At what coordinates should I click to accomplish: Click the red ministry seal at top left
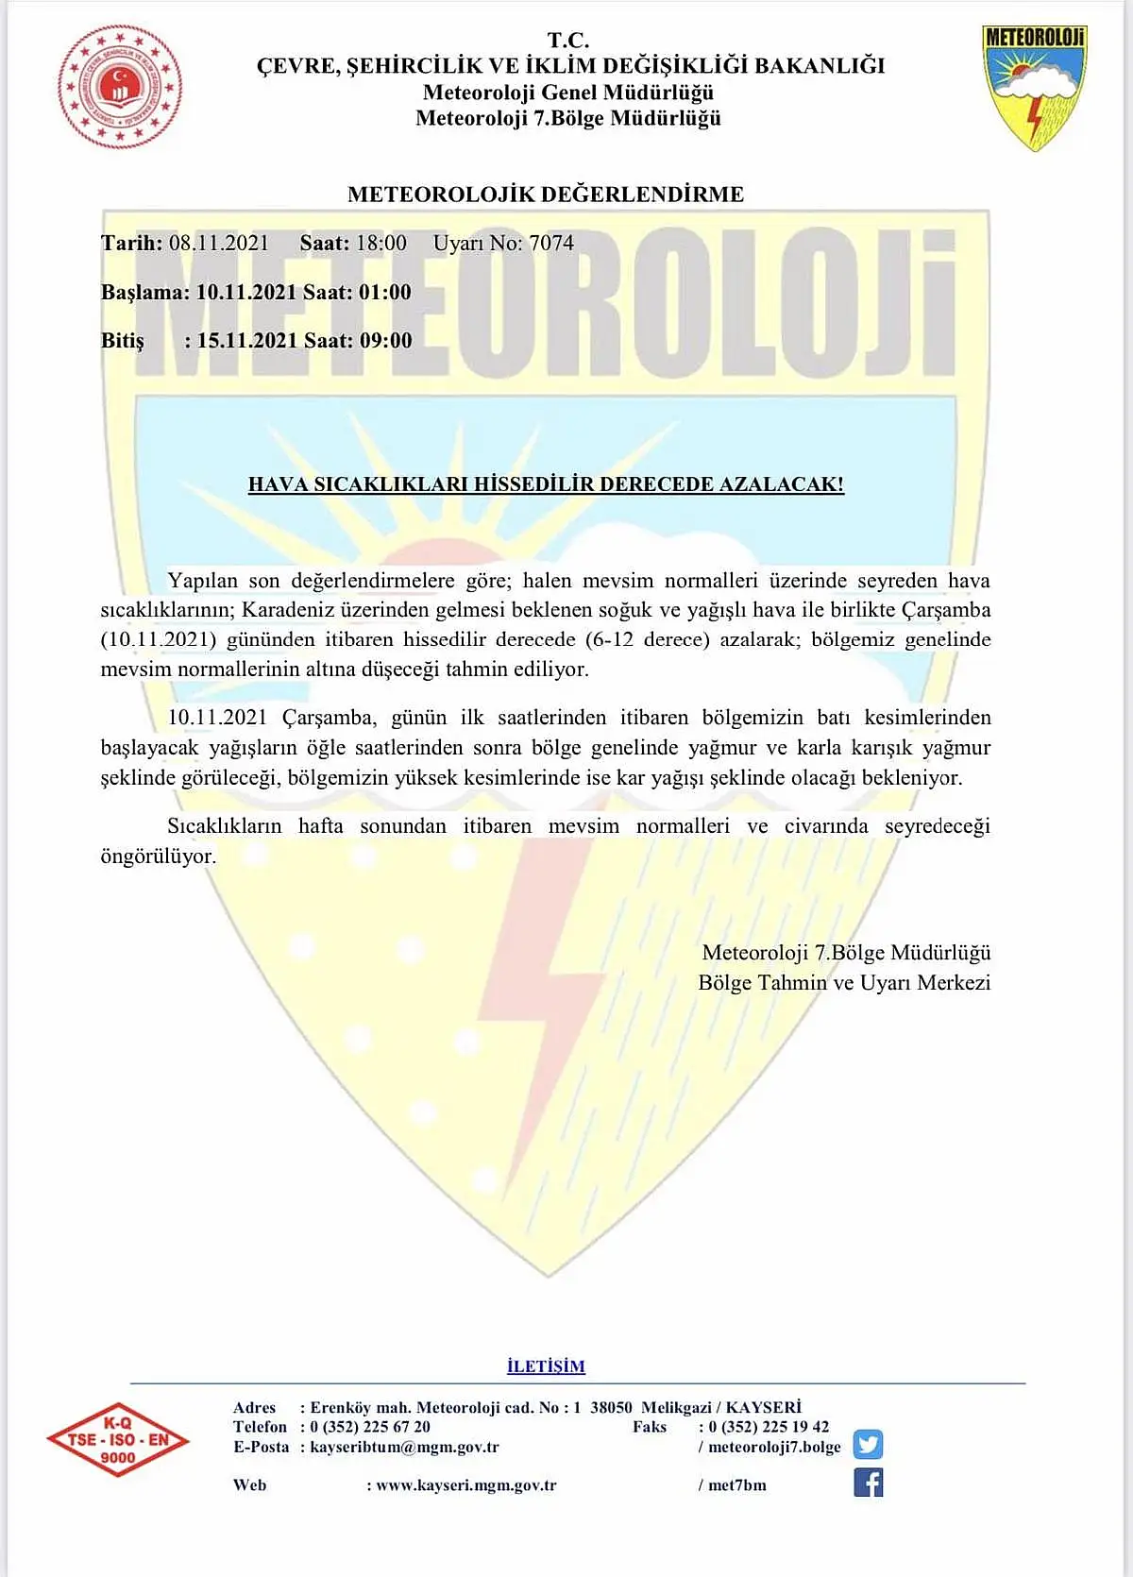[x=120, y=87]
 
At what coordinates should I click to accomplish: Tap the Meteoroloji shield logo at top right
[x=1035, y=88]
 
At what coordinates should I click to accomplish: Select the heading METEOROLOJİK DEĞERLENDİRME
[x=546, y=195]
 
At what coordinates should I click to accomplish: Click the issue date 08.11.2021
[x=219, y=244]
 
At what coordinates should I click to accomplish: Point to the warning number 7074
[x=551, y=244]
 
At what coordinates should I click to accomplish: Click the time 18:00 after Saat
[x=380, y=244]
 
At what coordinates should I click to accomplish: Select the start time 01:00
[x=385, y=293]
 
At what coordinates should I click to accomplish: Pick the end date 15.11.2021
[x=247, y=341]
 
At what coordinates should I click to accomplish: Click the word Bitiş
[x=123, y=341]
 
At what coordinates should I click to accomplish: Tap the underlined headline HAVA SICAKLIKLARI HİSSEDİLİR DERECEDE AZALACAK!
[x=546, y=484]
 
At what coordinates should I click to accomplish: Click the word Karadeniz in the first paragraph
[x=288, y=610]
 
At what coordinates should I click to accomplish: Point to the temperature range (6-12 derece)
[x=647, y=639]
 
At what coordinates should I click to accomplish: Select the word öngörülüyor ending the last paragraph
[x=158, y=856]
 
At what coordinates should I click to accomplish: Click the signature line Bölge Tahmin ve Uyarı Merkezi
[x=844, y=983]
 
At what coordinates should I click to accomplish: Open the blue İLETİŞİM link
[x=546, y=1366]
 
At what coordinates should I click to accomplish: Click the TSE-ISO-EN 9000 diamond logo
[x=118, y=1440]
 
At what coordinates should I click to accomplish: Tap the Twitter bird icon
[x=868, y=1445]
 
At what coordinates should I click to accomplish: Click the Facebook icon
[x=868, y=1483]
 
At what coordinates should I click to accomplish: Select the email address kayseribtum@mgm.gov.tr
[x=404, y=1447]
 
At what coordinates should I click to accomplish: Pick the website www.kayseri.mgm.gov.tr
[x=465, y=1485]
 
